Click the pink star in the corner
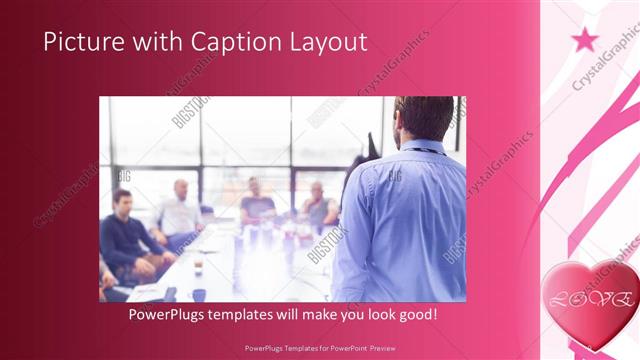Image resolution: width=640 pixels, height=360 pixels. coord(585,40)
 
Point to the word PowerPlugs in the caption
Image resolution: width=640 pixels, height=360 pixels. coord(170,315)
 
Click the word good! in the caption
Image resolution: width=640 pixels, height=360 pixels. coord(415,315)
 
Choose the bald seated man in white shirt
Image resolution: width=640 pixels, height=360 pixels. coord(181,210)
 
